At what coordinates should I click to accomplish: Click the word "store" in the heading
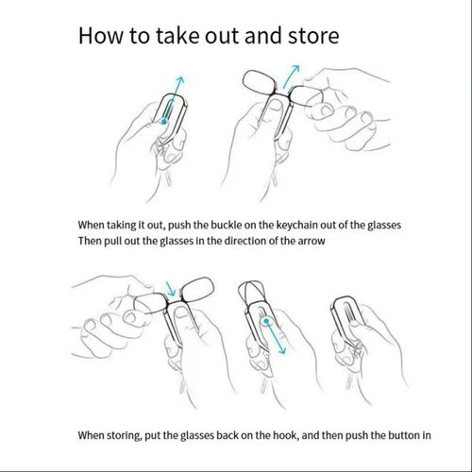coord(313,36)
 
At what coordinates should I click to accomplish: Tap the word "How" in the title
coord(101,35)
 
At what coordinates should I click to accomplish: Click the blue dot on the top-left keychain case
coord(163,122)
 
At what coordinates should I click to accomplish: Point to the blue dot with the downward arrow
coord(266,321)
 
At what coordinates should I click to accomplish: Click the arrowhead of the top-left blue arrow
coord(180,79)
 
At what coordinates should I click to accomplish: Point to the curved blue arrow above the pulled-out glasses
coord(291,76)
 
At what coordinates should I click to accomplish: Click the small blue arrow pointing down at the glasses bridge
coord(170,289)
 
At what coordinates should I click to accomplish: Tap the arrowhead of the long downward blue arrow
coord(281,350)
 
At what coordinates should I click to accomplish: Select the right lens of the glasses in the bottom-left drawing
coord(198,290)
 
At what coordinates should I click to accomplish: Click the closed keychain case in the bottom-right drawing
coord(347,320)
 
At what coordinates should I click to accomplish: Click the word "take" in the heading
coord(177,35)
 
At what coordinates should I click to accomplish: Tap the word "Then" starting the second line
coord(90,242)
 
